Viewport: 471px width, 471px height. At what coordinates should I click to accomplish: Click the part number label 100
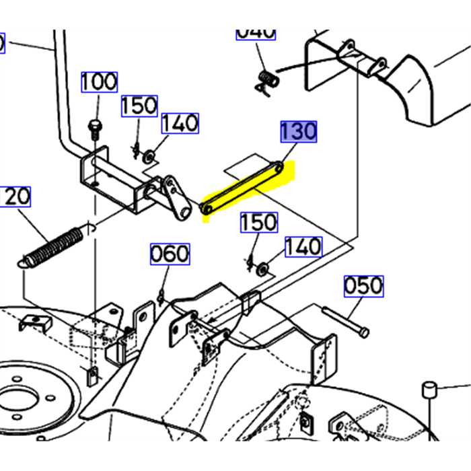coord(100,82)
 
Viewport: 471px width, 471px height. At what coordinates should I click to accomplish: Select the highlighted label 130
coord(298,132)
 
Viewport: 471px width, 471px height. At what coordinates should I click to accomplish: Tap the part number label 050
coord(363,286)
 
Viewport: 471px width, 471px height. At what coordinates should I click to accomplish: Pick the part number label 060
coord(170,254)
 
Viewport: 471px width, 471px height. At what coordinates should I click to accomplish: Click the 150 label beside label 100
coord(139,106)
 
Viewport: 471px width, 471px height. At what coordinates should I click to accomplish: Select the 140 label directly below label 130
coord(303,246)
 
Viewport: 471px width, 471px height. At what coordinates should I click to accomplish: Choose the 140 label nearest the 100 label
coord(180,123)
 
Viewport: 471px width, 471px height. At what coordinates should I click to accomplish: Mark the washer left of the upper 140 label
coord(149,158)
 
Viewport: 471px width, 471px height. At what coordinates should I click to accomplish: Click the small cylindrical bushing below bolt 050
coord(428,390)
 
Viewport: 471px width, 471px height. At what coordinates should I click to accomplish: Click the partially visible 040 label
coord(256,32)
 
